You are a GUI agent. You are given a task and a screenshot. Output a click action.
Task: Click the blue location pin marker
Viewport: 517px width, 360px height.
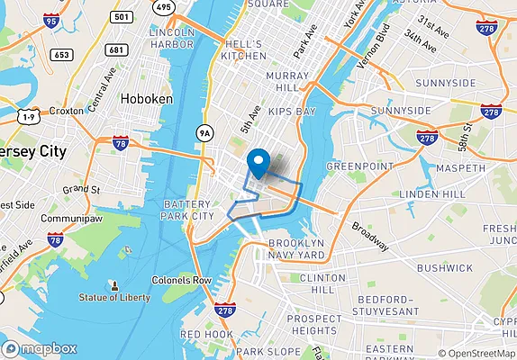point(259,163)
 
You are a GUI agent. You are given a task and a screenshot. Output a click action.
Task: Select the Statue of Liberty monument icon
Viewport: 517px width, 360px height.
point(114,284)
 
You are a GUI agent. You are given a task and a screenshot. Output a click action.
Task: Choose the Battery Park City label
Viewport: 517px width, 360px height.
point(188,211)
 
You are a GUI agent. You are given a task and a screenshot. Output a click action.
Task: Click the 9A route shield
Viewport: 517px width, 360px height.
point(206,133)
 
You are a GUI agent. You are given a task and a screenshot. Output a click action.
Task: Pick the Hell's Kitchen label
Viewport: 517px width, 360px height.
point(244,49)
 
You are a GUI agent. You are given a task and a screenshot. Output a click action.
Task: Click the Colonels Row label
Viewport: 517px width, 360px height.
point(181,280)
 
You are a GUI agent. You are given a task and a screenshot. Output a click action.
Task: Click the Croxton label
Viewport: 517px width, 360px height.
point(67,111)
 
